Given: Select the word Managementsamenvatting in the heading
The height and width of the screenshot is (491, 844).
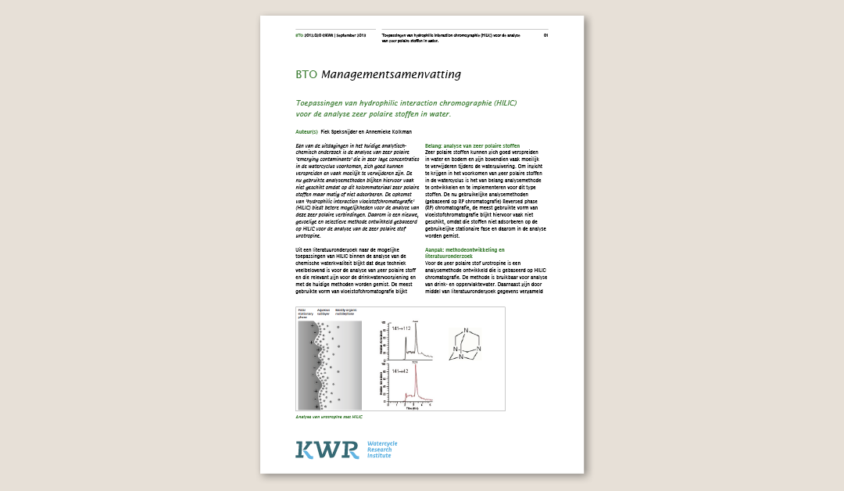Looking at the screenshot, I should [391, 75].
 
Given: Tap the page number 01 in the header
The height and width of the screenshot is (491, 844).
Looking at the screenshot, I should [546, 35].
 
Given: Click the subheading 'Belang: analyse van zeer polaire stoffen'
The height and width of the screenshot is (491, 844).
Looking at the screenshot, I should [472, 146].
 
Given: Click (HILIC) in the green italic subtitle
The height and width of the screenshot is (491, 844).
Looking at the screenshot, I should [500, 103].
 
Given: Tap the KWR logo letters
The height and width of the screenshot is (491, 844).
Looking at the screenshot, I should [327, 449].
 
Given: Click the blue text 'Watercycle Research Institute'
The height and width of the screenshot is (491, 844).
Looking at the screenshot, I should [382, 449].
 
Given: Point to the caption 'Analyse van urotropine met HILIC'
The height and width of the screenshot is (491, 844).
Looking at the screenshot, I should [329, 417].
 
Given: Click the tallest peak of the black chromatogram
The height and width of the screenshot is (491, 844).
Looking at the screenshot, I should [417, 325].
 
